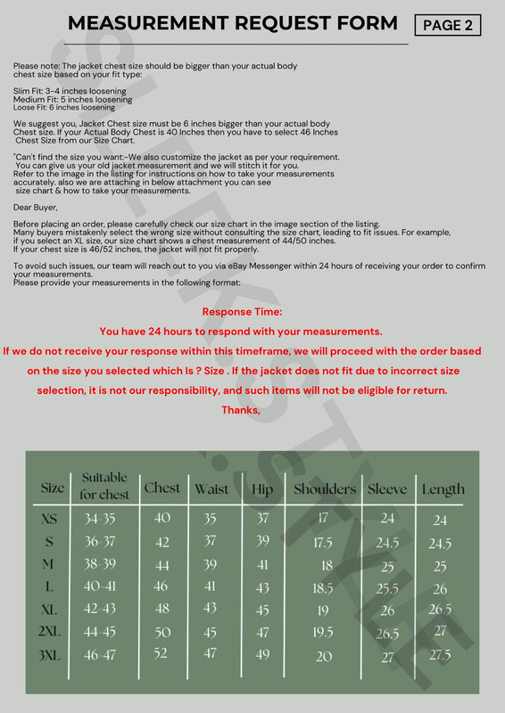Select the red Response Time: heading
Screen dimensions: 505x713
point(242,312)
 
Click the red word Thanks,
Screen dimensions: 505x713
point(241,410)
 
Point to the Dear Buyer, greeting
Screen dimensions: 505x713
point(36,207)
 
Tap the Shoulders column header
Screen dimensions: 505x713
point(324,488)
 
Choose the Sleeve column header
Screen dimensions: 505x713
point(386,488)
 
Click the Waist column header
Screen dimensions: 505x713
point(211,488)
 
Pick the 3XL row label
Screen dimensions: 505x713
point(52,656)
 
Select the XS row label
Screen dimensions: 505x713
point(50,519)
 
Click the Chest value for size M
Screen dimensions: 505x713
point(162,566)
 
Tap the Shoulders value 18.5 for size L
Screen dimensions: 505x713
point(324,588)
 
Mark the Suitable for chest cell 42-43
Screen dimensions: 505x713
point(99,610)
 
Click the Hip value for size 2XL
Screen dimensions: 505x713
point(262,633)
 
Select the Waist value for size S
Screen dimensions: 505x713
point(210,542)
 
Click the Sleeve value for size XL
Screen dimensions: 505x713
point(387,611)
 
